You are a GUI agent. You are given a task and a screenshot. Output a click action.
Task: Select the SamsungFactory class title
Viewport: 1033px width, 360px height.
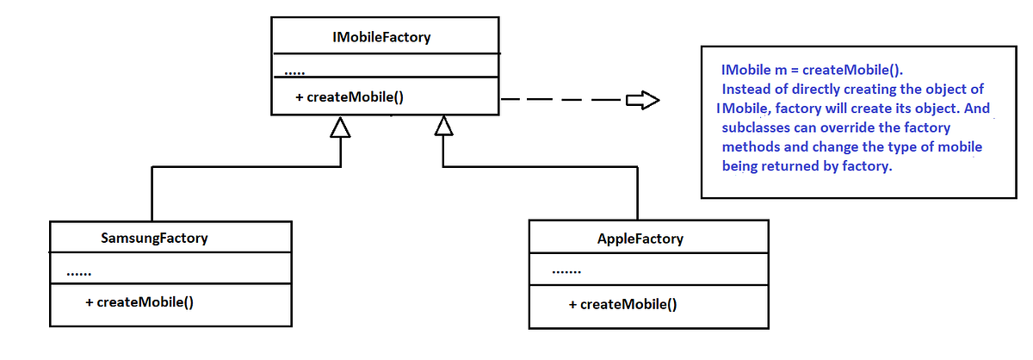[154, 238]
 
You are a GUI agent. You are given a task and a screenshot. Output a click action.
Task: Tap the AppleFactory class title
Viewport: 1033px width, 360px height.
[640, 239]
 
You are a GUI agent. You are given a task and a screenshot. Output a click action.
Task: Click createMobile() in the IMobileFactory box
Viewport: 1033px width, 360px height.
[355, 97]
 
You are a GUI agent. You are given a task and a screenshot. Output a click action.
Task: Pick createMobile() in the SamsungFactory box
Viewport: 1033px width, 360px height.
[145, 302]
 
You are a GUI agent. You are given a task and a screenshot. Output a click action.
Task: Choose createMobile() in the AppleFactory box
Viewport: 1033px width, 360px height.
[628, 304]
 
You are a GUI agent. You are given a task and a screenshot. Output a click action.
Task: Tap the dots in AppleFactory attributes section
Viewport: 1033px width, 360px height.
[566, 273]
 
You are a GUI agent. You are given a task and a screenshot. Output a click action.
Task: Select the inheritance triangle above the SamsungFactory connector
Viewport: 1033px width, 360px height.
[341, 127]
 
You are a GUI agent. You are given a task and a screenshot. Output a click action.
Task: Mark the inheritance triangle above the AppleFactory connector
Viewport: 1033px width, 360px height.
[443, 127]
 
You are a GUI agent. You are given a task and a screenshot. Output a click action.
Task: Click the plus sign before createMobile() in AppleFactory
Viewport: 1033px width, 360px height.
[573, 304]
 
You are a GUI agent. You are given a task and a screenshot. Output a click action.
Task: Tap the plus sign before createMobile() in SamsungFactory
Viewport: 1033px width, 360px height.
[90, 302]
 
